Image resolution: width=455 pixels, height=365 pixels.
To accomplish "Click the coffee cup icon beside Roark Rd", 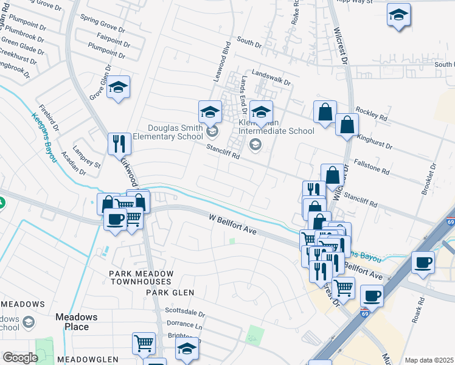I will coord(423,263).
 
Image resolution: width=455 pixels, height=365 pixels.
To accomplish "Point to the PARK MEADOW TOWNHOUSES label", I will coord(141,278).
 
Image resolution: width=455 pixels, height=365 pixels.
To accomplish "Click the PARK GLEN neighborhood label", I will coord(170,293).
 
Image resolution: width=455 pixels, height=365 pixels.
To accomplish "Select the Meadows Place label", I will coord(76,321).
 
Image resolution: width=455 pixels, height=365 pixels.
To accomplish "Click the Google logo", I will coord(20,358).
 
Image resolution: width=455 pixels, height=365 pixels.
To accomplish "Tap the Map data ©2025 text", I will coord(428,360).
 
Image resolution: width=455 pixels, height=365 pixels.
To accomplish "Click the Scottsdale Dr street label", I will coord(185,315).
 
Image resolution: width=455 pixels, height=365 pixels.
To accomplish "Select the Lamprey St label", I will coord(86,159).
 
